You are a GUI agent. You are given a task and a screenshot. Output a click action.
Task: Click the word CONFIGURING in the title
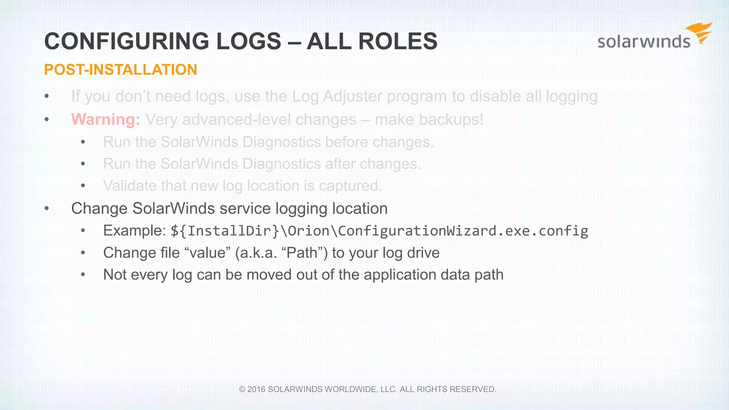point(126,41)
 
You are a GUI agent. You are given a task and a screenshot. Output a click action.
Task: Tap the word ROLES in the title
point(398,41)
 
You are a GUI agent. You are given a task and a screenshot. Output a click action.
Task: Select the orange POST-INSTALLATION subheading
point(120,70)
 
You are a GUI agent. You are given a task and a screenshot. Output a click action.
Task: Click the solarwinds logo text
point(644,42)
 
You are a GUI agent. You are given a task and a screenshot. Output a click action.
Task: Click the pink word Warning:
point(106,120)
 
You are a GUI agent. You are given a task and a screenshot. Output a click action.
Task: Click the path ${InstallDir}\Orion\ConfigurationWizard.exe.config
point(379,231)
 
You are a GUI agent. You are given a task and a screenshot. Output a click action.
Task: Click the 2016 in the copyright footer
point(256,389)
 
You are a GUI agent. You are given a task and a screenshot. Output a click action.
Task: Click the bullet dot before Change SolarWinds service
point(47,209)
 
